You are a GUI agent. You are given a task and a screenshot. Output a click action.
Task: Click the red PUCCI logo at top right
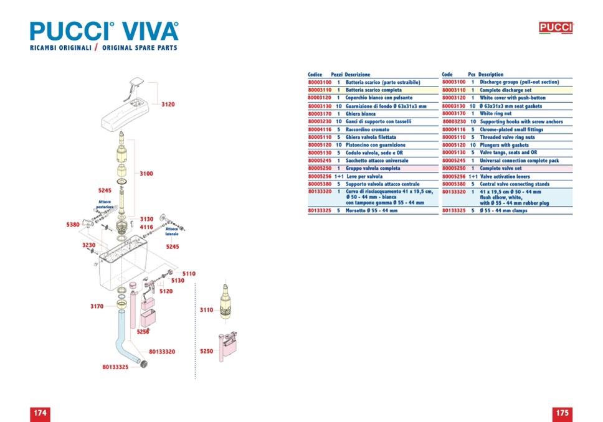tap(555, 27)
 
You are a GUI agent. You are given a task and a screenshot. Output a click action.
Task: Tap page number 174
tap(40, 413)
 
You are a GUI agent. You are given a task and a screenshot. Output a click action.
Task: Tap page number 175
tap(562, 413)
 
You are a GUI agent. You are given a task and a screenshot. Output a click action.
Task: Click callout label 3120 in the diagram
tap(168, 105)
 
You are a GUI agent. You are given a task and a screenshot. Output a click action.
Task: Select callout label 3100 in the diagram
tap(146, 174)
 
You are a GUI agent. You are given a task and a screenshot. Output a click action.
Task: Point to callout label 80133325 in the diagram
tap(115, 367)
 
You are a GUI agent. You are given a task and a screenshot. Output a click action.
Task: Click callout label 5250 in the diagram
tap(206, 352)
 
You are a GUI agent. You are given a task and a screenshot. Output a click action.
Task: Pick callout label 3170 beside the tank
tap(97, 306)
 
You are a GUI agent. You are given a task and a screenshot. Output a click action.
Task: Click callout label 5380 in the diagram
tap(73, 225)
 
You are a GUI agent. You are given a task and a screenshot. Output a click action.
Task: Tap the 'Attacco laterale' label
tap(172, 231)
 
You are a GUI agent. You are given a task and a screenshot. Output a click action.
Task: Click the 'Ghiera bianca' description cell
tap(361, 114)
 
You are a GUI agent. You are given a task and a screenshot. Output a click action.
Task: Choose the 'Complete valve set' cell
tap(501, 168)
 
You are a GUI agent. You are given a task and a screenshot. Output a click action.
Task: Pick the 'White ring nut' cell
tap(496, 114)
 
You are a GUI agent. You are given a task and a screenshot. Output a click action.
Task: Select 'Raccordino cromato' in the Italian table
tap(368, 129)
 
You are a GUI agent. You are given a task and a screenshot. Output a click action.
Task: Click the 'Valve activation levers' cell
tap(505, 176)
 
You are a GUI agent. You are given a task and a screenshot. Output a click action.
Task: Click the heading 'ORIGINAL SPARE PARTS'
tap(140, 48)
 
